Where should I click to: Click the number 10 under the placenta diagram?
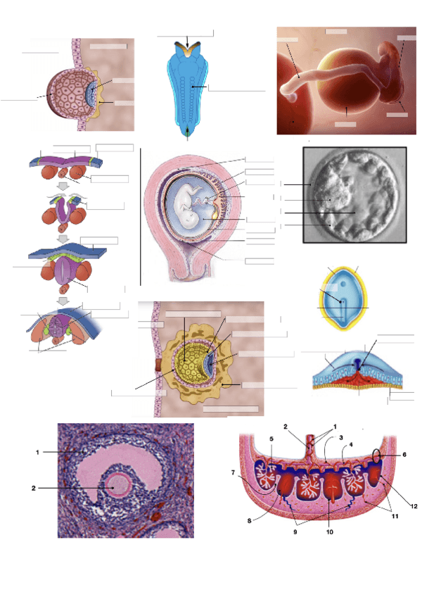[329, 532]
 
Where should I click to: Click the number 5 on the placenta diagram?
[271, 440]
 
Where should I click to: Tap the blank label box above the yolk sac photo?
[336, 31]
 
